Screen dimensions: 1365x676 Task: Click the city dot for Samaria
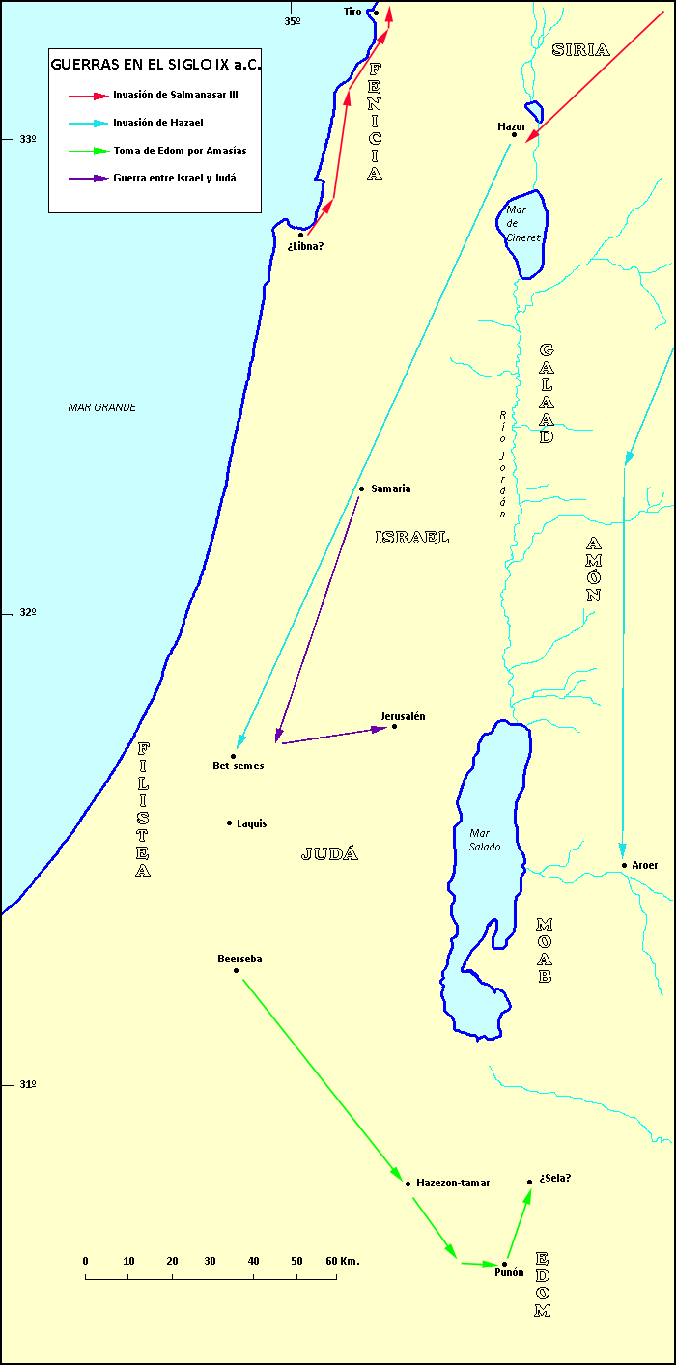coord(361,488)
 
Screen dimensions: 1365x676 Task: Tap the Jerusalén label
coord(403,716)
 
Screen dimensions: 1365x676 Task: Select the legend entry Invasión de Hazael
coord(157,123)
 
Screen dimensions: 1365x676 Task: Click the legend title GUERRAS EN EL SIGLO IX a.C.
coord(155,66)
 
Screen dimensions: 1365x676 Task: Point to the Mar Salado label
coord(485,839)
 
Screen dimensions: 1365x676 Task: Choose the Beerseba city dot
coord(236,969)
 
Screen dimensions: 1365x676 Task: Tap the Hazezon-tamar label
coord(453,1183)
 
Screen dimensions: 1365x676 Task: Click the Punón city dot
coord(504,1263)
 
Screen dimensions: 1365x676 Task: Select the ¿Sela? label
coord(556,1178)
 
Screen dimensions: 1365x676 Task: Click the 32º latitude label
coord(27,612)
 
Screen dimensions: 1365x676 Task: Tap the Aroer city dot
coord(625,865)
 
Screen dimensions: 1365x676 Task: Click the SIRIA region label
coord(580,50)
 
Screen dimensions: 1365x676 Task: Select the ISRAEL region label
coord(412,538)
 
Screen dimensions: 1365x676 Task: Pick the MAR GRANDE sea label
coord(102,407)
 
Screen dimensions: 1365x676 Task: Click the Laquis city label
coord(251,823)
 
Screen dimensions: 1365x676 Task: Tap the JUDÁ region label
coord(330,853)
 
